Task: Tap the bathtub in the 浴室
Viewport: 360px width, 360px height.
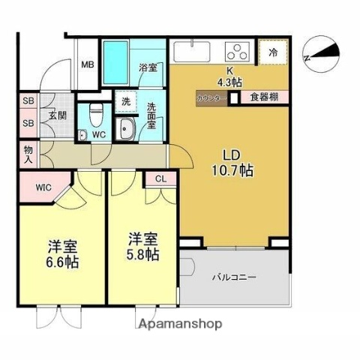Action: coord(118,58)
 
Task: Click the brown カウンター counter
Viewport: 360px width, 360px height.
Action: coord(212,97)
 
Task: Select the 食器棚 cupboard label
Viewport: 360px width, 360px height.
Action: coord(264,97)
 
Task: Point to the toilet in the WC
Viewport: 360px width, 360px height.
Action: coord(94,116)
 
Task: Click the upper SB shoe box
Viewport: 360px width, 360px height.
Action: coord(28,101)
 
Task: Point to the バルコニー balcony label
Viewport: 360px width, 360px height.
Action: coord(237,276)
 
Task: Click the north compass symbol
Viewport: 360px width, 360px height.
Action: coord(323,53)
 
